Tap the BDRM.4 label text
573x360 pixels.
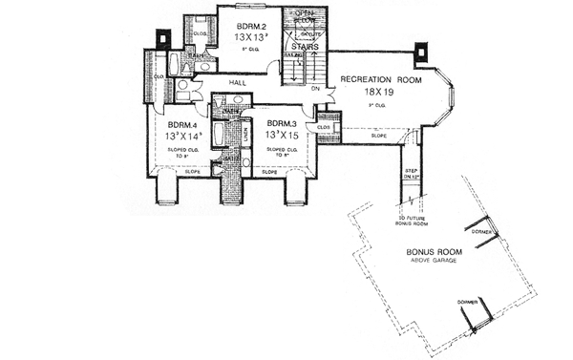click(x=182, y=125)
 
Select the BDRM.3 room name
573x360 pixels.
click(x=281, y=124)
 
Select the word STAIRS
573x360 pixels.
click(x=305, y=44)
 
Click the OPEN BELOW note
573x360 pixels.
click(x=306, y=15)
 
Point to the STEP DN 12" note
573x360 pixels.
click(x=413, y=174)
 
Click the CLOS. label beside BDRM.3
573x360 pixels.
click(x=323, y=127)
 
